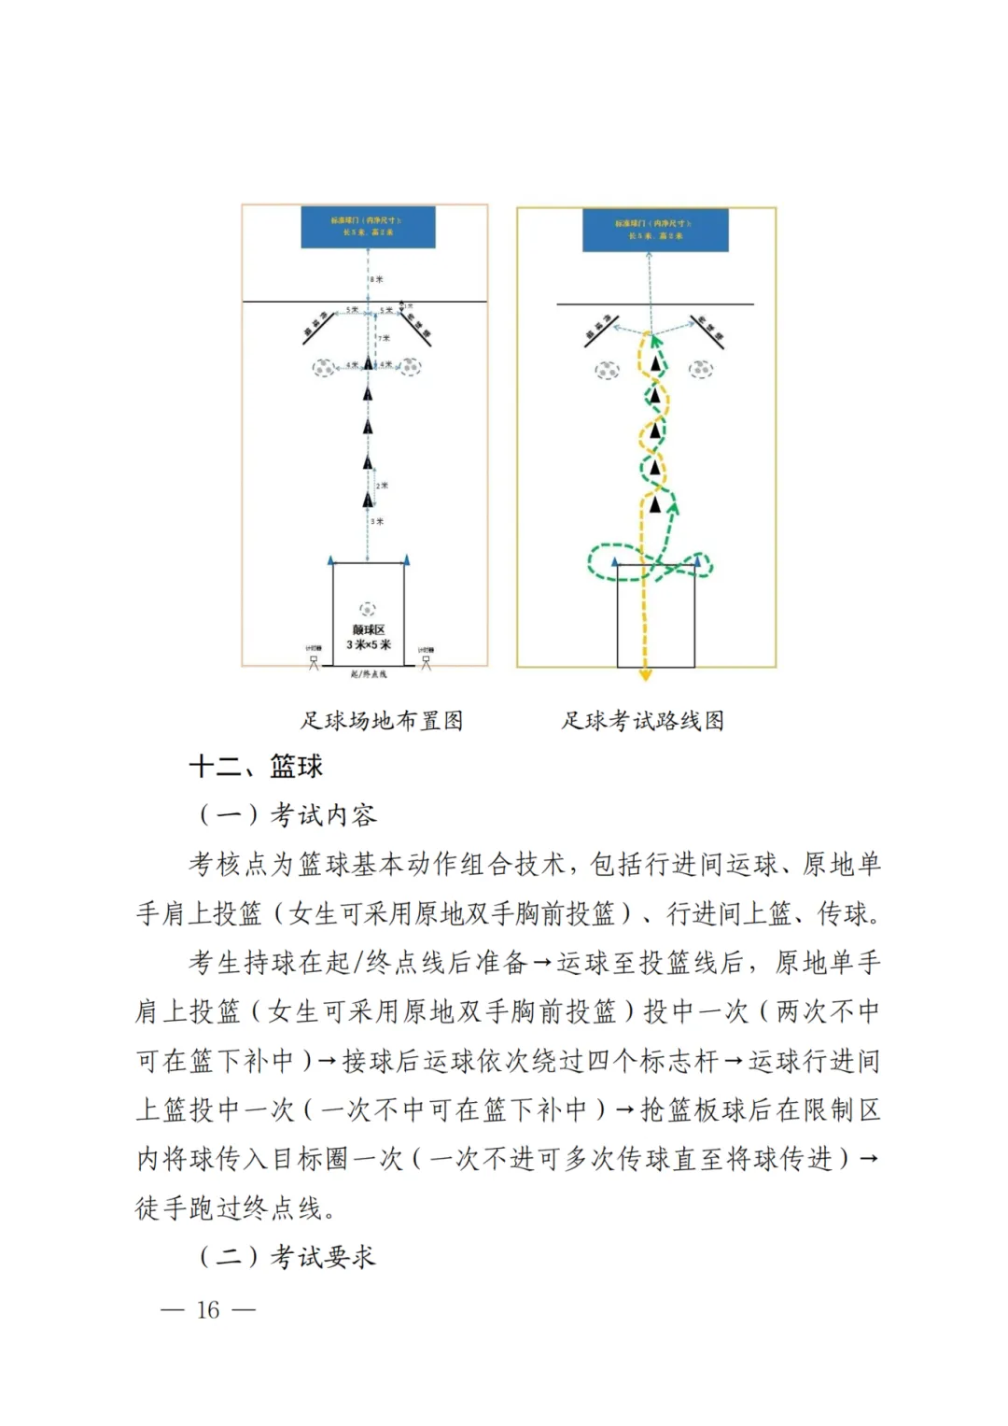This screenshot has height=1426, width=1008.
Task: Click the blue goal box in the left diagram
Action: [x=368, y=227]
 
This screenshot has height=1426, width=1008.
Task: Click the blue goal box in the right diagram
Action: [x=655, y=230]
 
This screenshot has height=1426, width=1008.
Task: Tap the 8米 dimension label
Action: [x=376, y=279]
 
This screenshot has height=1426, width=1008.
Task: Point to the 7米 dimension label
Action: [x=384, y=338]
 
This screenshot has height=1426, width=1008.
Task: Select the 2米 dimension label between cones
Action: [x=382, y=486]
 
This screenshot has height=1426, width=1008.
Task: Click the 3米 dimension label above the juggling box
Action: [x=377, y=521]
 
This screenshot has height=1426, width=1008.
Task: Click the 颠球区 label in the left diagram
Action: [x=369, y=630]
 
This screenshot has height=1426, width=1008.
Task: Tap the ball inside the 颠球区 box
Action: [x=368, y=609]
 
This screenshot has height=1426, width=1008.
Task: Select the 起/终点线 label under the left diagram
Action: [x=369, y=674]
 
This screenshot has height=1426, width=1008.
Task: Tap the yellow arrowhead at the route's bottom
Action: [x=645, y=674]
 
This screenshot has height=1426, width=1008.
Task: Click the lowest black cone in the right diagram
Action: [x=655, y=505]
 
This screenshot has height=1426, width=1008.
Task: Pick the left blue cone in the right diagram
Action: [x=615, y=561]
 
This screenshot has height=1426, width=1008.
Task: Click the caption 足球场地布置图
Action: [x=382, y=721]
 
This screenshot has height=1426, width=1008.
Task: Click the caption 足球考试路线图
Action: [x=643, y=721]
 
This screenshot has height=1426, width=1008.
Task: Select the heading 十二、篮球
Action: [x=256, y=767]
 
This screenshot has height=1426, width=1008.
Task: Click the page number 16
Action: [x=208, y=1310]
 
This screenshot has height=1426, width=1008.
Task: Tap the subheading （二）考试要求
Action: [x=287, y=1257]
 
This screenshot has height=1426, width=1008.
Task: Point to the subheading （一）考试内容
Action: [x=287, y=815]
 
